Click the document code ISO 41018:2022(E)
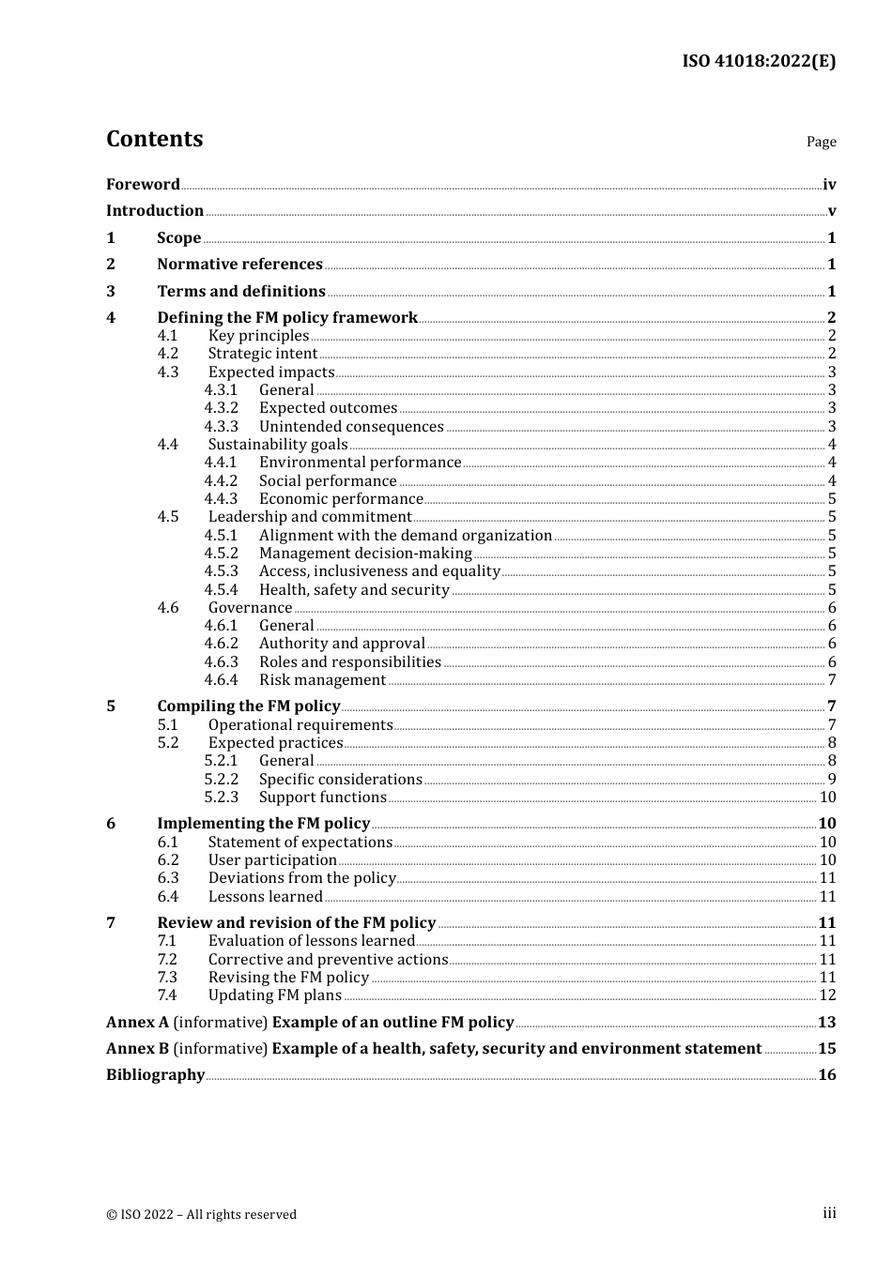[x=758, y=61]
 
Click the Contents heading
[x=154, y=139]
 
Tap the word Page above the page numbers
[x=821, y=142]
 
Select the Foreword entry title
[x=143, y=184]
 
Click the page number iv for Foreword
[x=828, y=185]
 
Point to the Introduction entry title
[x=155, y=210]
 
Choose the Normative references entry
[x=239, y=265]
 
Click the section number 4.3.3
[x=221, y=426]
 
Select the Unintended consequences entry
[x=351, y=426]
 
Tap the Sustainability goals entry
[x=278, y=444]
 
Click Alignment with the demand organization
[x=406, y=535]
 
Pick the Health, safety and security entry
[x=354, y=589]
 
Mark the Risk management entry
[x=322, y=679]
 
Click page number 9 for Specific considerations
[x=831, y=779]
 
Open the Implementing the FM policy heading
[x=263, y=823]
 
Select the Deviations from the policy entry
[x=301, y=877]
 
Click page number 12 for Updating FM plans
[x=827, y=995]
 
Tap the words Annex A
[x=137, y=1022]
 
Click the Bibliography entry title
[x=155, y=1074]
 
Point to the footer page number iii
[x=829, y=1213]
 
